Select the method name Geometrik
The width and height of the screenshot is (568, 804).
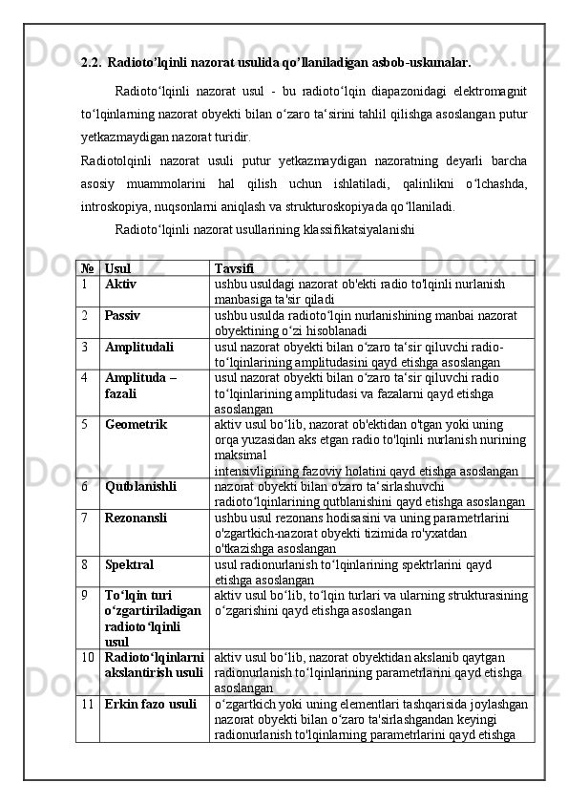coord(137,422)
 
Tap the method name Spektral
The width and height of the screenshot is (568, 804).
coord(129,564)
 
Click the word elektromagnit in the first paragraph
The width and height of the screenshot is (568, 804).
coord(485,91)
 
